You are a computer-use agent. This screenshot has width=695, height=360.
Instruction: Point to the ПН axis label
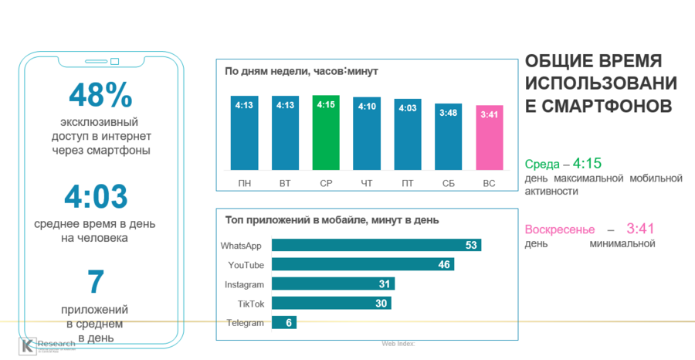click(x=244, y=183)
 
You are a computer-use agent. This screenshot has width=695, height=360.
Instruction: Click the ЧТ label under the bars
click(x=366, y=183)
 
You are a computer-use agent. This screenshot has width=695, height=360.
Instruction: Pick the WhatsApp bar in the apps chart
click(x=376, y=245)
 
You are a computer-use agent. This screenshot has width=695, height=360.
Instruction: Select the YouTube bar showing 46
click(x=362, y=264)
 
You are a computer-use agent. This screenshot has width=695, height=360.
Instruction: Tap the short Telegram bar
click(x=283, y=323)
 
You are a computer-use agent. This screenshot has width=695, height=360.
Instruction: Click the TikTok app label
click(x=250, y=304)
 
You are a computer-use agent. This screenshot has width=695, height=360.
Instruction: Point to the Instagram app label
click(x=244, y=284)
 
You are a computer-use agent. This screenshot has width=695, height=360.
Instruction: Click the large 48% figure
click(x=100, y=95)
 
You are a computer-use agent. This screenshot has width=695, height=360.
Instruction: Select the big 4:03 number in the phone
click(x=96, y=198)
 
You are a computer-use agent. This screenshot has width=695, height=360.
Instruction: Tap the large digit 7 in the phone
click(x=96, y=283)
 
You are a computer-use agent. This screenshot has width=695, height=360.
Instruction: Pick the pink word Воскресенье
click(x=560, y=230)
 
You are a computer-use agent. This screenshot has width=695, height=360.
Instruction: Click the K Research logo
click(x=46, y=345)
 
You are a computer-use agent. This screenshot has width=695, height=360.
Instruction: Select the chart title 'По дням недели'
click(x=301, y=72)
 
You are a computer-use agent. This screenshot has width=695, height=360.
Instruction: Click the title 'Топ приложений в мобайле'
click(x=331, y=219)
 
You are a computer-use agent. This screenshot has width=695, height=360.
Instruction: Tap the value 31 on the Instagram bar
click(x=384, y=284)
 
